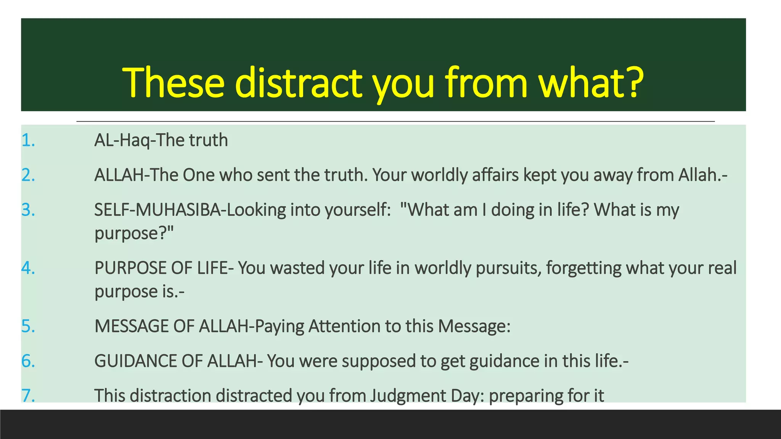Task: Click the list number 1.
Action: [28, 141]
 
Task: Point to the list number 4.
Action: [28, 268]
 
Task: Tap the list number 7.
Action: [28, 396]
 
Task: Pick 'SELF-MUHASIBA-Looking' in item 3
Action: [190, 210]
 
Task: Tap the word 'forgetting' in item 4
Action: [583, 268]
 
